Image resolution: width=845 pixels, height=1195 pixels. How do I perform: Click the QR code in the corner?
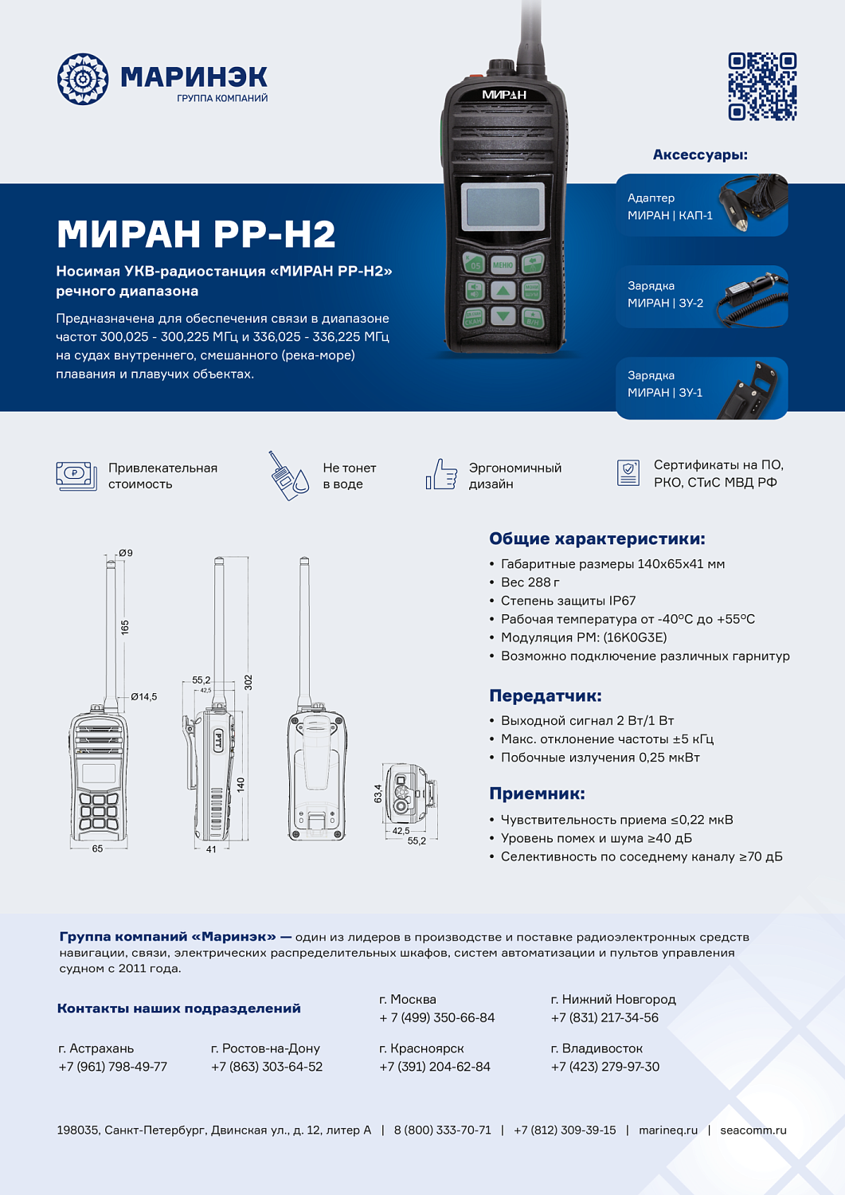(x=762, y=87)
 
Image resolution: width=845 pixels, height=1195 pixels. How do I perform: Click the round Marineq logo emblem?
(x=83, y=79)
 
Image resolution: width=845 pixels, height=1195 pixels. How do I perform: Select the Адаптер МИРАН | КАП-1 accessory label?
(x=670, y=206)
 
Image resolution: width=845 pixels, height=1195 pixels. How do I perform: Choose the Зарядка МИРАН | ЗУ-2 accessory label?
(x=665, y=294)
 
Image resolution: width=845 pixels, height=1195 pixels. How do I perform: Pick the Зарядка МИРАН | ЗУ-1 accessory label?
(x=665, y=384)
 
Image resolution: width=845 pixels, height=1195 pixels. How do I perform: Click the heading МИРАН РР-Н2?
(x=196, y=234)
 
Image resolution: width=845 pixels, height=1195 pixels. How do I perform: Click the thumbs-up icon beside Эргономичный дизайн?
(x=441, y=475)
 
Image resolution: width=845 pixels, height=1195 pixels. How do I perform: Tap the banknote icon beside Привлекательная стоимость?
(x=76, y=476)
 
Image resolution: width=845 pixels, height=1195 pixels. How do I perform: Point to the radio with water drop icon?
(x=288, y=476)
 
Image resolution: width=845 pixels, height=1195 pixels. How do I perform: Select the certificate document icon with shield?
(x=628, y=472)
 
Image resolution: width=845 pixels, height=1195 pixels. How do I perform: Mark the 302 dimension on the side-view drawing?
(x=248, y=682)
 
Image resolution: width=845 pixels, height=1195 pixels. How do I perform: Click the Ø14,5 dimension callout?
(x=144, y=696)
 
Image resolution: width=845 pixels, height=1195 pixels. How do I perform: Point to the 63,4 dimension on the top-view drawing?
(x=378, y=793)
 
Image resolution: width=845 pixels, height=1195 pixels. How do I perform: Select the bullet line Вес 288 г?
(x=530, y=582)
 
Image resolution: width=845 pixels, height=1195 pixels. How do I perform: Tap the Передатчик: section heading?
(x=546, y=695)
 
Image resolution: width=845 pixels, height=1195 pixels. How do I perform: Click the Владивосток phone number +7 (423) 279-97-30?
(x=605, y=1067)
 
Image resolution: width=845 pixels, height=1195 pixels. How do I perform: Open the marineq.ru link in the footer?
(x=667, y=1130)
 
